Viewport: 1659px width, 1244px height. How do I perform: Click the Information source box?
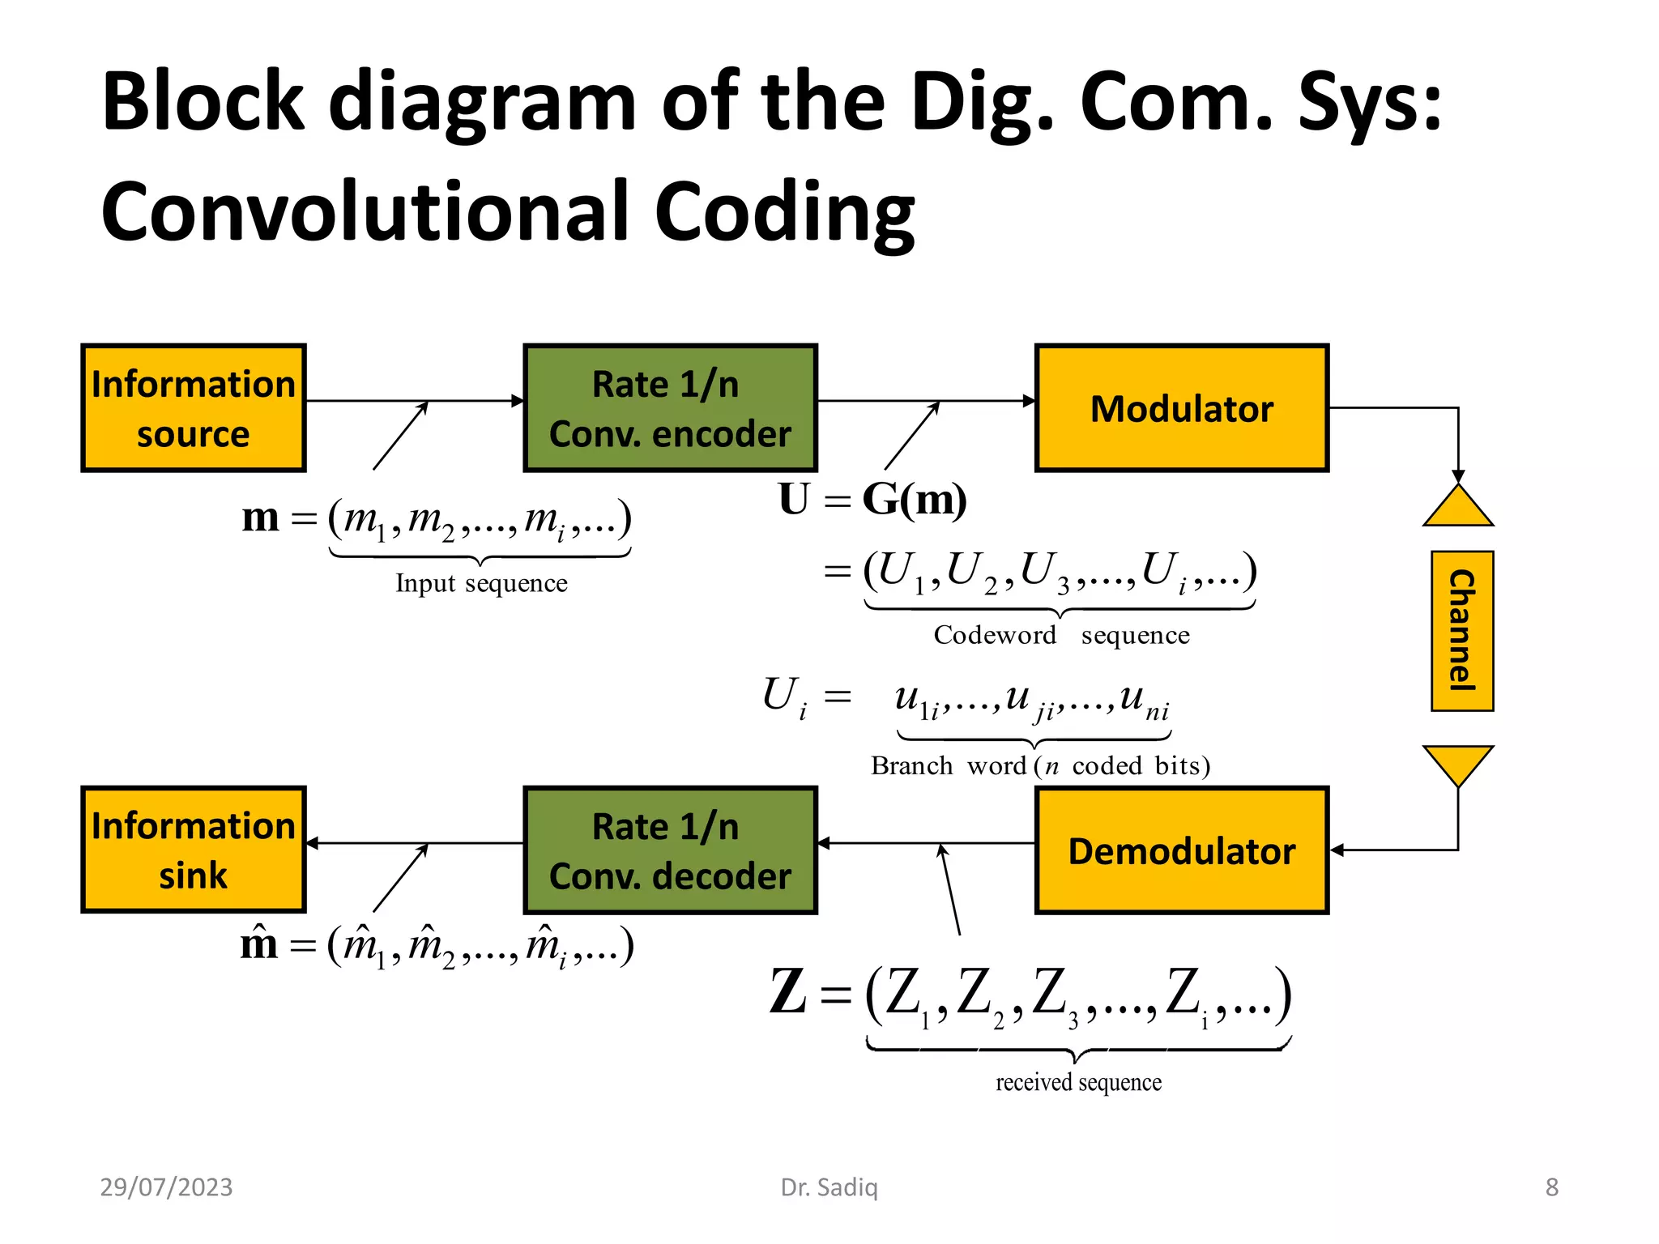pos(193,408)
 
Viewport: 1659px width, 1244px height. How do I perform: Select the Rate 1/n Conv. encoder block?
pos(670,408)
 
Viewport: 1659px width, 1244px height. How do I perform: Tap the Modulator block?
pos(1181,408)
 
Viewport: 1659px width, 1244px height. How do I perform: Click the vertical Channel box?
pos(1461,631)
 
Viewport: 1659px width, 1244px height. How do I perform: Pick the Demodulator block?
pos(1181,850)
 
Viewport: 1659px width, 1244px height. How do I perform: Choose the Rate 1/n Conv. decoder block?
pos(670,850)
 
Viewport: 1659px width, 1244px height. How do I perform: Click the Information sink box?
pos(193,850)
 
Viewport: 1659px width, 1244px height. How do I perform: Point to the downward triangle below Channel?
pos(1458,761)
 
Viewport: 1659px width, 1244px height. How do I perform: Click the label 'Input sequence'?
pos(481,583)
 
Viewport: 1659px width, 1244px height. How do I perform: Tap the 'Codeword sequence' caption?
pos(1061,635)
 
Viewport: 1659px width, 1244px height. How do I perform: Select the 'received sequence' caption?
pos(1078,1082)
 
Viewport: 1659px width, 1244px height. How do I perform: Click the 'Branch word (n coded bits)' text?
pos(1040,765)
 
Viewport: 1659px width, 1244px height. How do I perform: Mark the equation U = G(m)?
pos(872,500)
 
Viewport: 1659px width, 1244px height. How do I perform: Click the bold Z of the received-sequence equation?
pos(787,992)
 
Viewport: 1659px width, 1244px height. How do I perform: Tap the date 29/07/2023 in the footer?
pos(166,1187)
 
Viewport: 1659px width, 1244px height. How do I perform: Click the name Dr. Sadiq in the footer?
pos(829,1187)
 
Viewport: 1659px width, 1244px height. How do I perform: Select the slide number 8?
pos(1551,1187)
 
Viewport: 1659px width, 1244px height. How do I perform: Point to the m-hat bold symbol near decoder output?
pos(259,944)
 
